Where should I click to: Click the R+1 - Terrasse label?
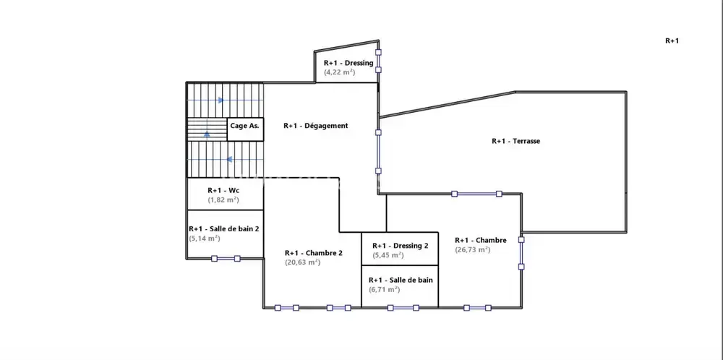coord(515,141)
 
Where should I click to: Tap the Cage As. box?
coord(244,126)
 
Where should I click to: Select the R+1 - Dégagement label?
coord(315,126)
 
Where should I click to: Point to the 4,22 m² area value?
coord(339,72)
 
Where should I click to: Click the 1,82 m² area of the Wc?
coord(223,200)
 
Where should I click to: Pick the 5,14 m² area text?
coord(205,238)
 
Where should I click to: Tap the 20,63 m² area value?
coord(302,262)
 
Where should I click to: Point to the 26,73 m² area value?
coord(473,249)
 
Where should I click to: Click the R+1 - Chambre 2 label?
coord(313,253)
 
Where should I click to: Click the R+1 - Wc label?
coord(223,190)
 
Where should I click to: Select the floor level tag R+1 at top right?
coord(672,41)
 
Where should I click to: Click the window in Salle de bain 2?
coord(226,258)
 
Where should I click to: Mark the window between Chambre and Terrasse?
coord(476,194)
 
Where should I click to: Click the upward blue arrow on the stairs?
coord(208,134)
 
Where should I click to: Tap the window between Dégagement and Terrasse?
coord(377,152)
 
